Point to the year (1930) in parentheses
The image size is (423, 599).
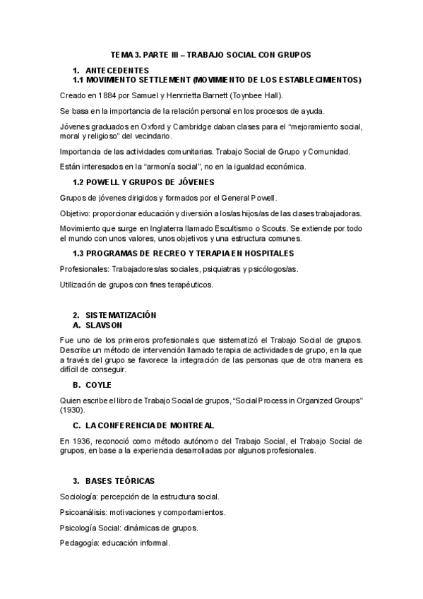pyautogui.click(x=73, y=410)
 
